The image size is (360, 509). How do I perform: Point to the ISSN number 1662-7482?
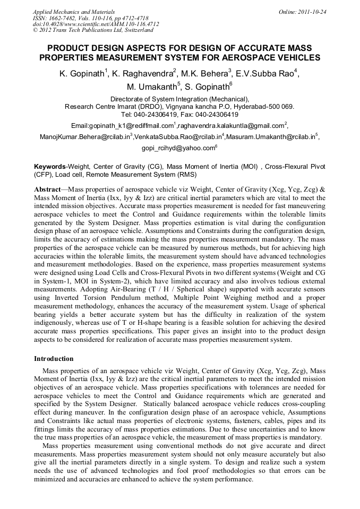[x=63, y=18]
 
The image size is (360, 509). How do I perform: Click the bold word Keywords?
[x=49, y=167]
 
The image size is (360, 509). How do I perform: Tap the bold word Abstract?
[x=47, y=188]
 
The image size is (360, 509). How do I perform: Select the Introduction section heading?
[x=54, y=359]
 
